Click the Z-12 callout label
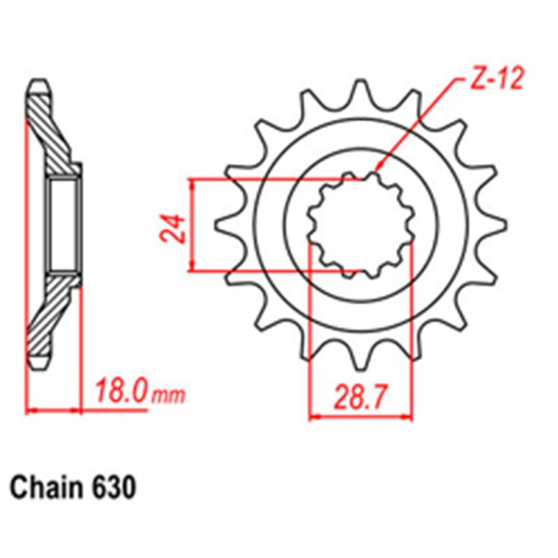tap(496, 81)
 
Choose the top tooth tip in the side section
tap(39, 88)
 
